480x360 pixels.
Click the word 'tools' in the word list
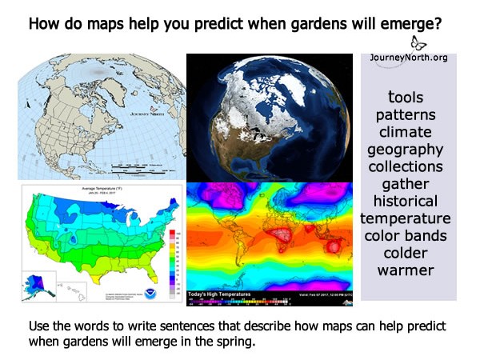click(405, 97)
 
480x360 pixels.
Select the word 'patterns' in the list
click(405, 114)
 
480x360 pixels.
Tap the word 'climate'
click(405, 132)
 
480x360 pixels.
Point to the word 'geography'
click(405, 150)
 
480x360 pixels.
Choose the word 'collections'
click(405, 166)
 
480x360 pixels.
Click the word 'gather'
click(405, 184)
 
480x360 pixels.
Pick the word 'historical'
click(405, 201)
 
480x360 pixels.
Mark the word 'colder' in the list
click(405, 253)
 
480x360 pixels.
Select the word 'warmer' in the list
click(405, 270)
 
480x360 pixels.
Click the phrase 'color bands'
click(405, 236)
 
